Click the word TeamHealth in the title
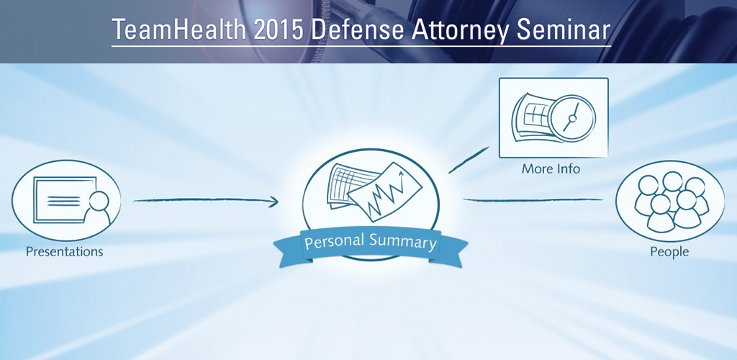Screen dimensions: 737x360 pyautogui.click(x=179, y=30)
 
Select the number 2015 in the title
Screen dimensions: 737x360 pyautogui.click(x=278, y=30)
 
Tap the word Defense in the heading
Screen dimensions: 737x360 pyautogui.click(x=357, y=30)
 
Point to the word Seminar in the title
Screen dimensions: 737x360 pyautogui.click(x=563, y=30)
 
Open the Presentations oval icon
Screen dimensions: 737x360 pyautogui.click(x=66, y=200)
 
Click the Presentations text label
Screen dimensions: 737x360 pyautogui.click(x=64, y=251)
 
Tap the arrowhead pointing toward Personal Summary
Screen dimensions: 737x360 pyautogui.click(x=273, y=202)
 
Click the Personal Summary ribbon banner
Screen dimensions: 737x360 pyautogui.click(x=371, y=244)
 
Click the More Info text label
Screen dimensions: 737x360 pyautogui.click(x=551, y=168)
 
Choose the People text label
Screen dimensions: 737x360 pyautogui.click(x=669, y=252)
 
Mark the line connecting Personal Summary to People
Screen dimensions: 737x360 pyautogui.click(x=533, y=200)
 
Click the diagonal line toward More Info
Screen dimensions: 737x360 pyautogui.click(x=469, y=160)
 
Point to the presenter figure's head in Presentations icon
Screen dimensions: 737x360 pyautogui.click(x=99, y=201)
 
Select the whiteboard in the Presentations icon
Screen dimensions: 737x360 pyautogui.click(x=64, y=199)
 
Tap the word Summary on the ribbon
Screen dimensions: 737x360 pyautogui.click(x=403, y=242)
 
